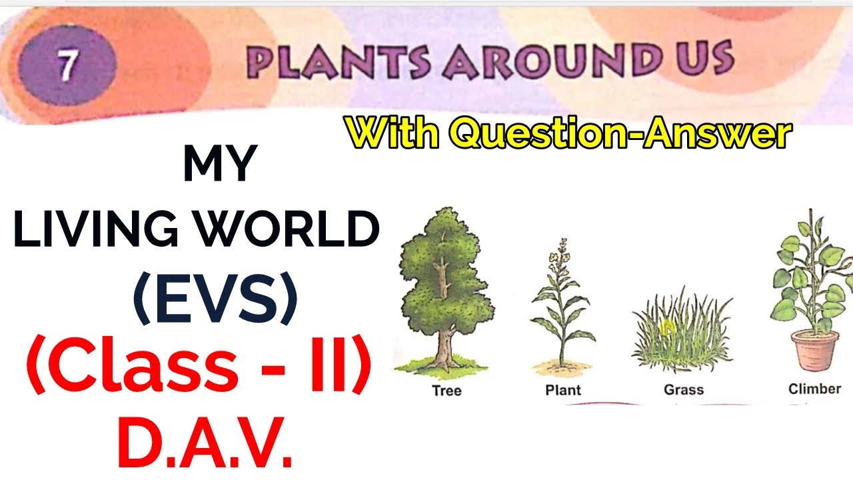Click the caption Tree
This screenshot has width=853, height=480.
pos(446,391)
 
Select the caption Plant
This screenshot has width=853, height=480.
pos(562,390)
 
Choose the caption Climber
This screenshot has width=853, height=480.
pos(814,388)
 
